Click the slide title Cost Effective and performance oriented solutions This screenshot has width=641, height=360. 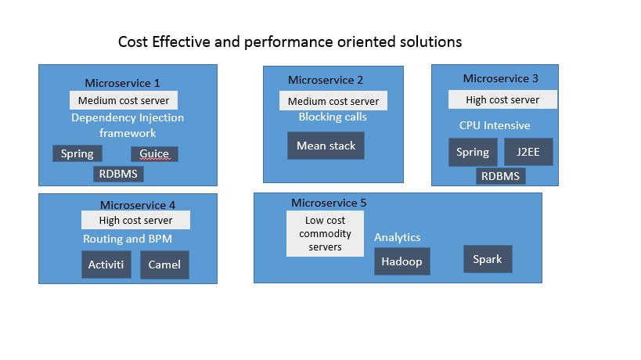(290, 41)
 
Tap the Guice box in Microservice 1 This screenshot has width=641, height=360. (154, 153)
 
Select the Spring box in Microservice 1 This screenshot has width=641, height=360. (77, 153)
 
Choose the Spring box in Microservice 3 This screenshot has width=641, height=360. (472, 152)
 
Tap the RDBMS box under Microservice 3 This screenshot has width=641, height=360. (500, 176)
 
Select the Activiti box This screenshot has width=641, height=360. (106, 265)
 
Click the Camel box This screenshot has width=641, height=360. (164, 265)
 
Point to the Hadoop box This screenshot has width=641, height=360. (402, 262)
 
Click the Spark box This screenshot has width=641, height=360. (488, 259)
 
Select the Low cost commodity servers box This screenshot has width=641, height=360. (325, 234)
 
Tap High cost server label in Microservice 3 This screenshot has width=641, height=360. (502, 99)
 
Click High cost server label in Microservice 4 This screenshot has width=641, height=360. (135, 221)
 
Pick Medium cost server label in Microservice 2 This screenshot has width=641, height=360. (333, 101)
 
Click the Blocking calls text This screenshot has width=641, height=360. (333, 117)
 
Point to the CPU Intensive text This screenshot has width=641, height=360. (494, 125)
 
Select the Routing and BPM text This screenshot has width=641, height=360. (127, 239)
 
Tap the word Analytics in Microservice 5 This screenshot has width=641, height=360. (397, 237)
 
